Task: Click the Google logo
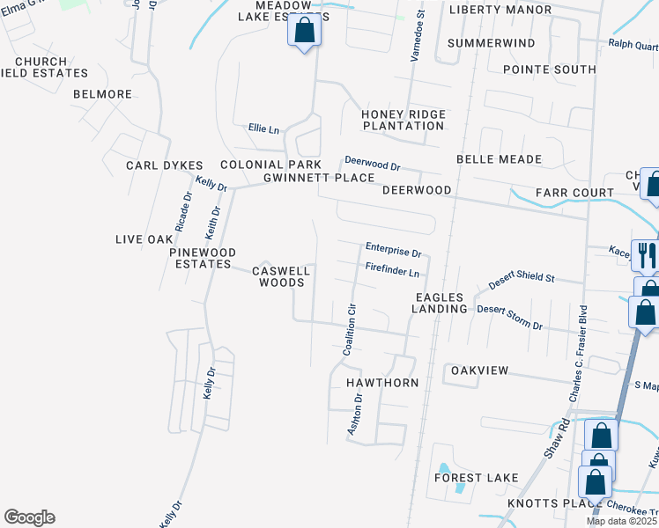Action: coord(29,517)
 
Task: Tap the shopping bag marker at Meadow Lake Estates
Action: coord(304,32)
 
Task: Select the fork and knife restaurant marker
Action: coord(646,255)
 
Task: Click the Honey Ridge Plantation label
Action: coord(404,120)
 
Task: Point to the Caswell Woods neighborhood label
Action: coord(278,277)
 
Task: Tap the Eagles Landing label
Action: coord(441,304)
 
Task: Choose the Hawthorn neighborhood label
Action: coord(381,384)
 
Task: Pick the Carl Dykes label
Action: coord(164,165)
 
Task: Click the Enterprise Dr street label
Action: coord(394,250)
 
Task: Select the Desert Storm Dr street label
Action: coord(509,317)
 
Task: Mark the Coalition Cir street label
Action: coord(351,331)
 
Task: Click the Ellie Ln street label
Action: coord(263,129)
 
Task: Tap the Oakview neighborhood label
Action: coord(479,370)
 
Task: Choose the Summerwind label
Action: coord(491,43)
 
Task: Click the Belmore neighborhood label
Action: coord(102,94)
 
